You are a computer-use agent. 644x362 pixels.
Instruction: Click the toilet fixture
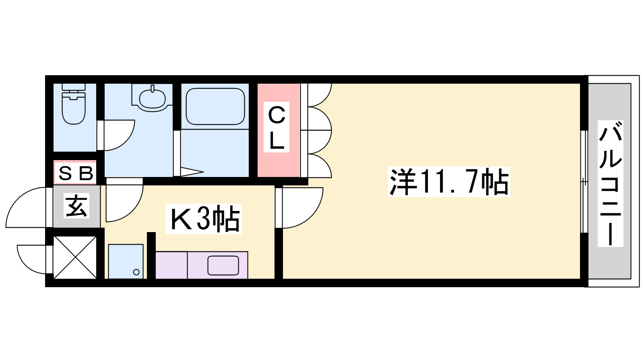[74, 104]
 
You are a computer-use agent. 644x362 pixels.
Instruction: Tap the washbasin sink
[153, 98]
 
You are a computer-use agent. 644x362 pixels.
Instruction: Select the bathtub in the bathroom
[215, 106]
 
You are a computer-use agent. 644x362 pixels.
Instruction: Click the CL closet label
[276, 127]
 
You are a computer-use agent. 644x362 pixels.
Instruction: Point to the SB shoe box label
[76, 173]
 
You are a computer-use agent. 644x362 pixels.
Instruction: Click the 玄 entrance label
[76, 206]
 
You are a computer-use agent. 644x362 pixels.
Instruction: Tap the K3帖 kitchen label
[204, 219]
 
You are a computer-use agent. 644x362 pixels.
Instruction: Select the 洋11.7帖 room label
[449, 182]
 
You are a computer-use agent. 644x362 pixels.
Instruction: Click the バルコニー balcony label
[610, 183]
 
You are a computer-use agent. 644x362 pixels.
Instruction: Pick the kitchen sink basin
[223, 265]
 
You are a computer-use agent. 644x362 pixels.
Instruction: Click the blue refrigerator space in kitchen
[126, 261]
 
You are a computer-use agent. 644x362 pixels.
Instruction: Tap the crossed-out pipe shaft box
[75, 257]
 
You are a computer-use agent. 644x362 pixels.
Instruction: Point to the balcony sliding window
[584, 181]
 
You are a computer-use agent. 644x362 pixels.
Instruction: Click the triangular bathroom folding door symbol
[192, 172]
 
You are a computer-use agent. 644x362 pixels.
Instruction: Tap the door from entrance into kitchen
[124, 200]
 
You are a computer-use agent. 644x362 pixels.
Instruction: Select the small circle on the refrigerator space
[136, 272]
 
